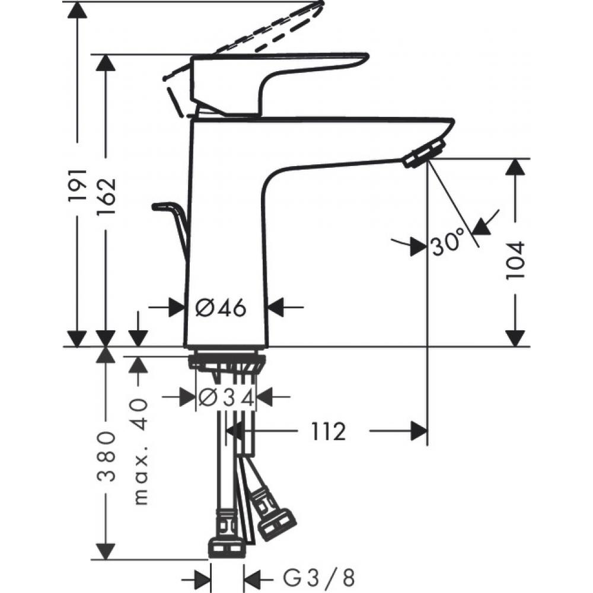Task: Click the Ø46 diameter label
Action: [221, 308]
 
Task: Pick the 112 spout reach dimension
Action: [326, 432]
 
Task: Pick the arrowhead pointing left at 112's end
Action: [418, 432]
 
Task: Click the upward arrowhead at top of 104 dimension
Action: [515, 168]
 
